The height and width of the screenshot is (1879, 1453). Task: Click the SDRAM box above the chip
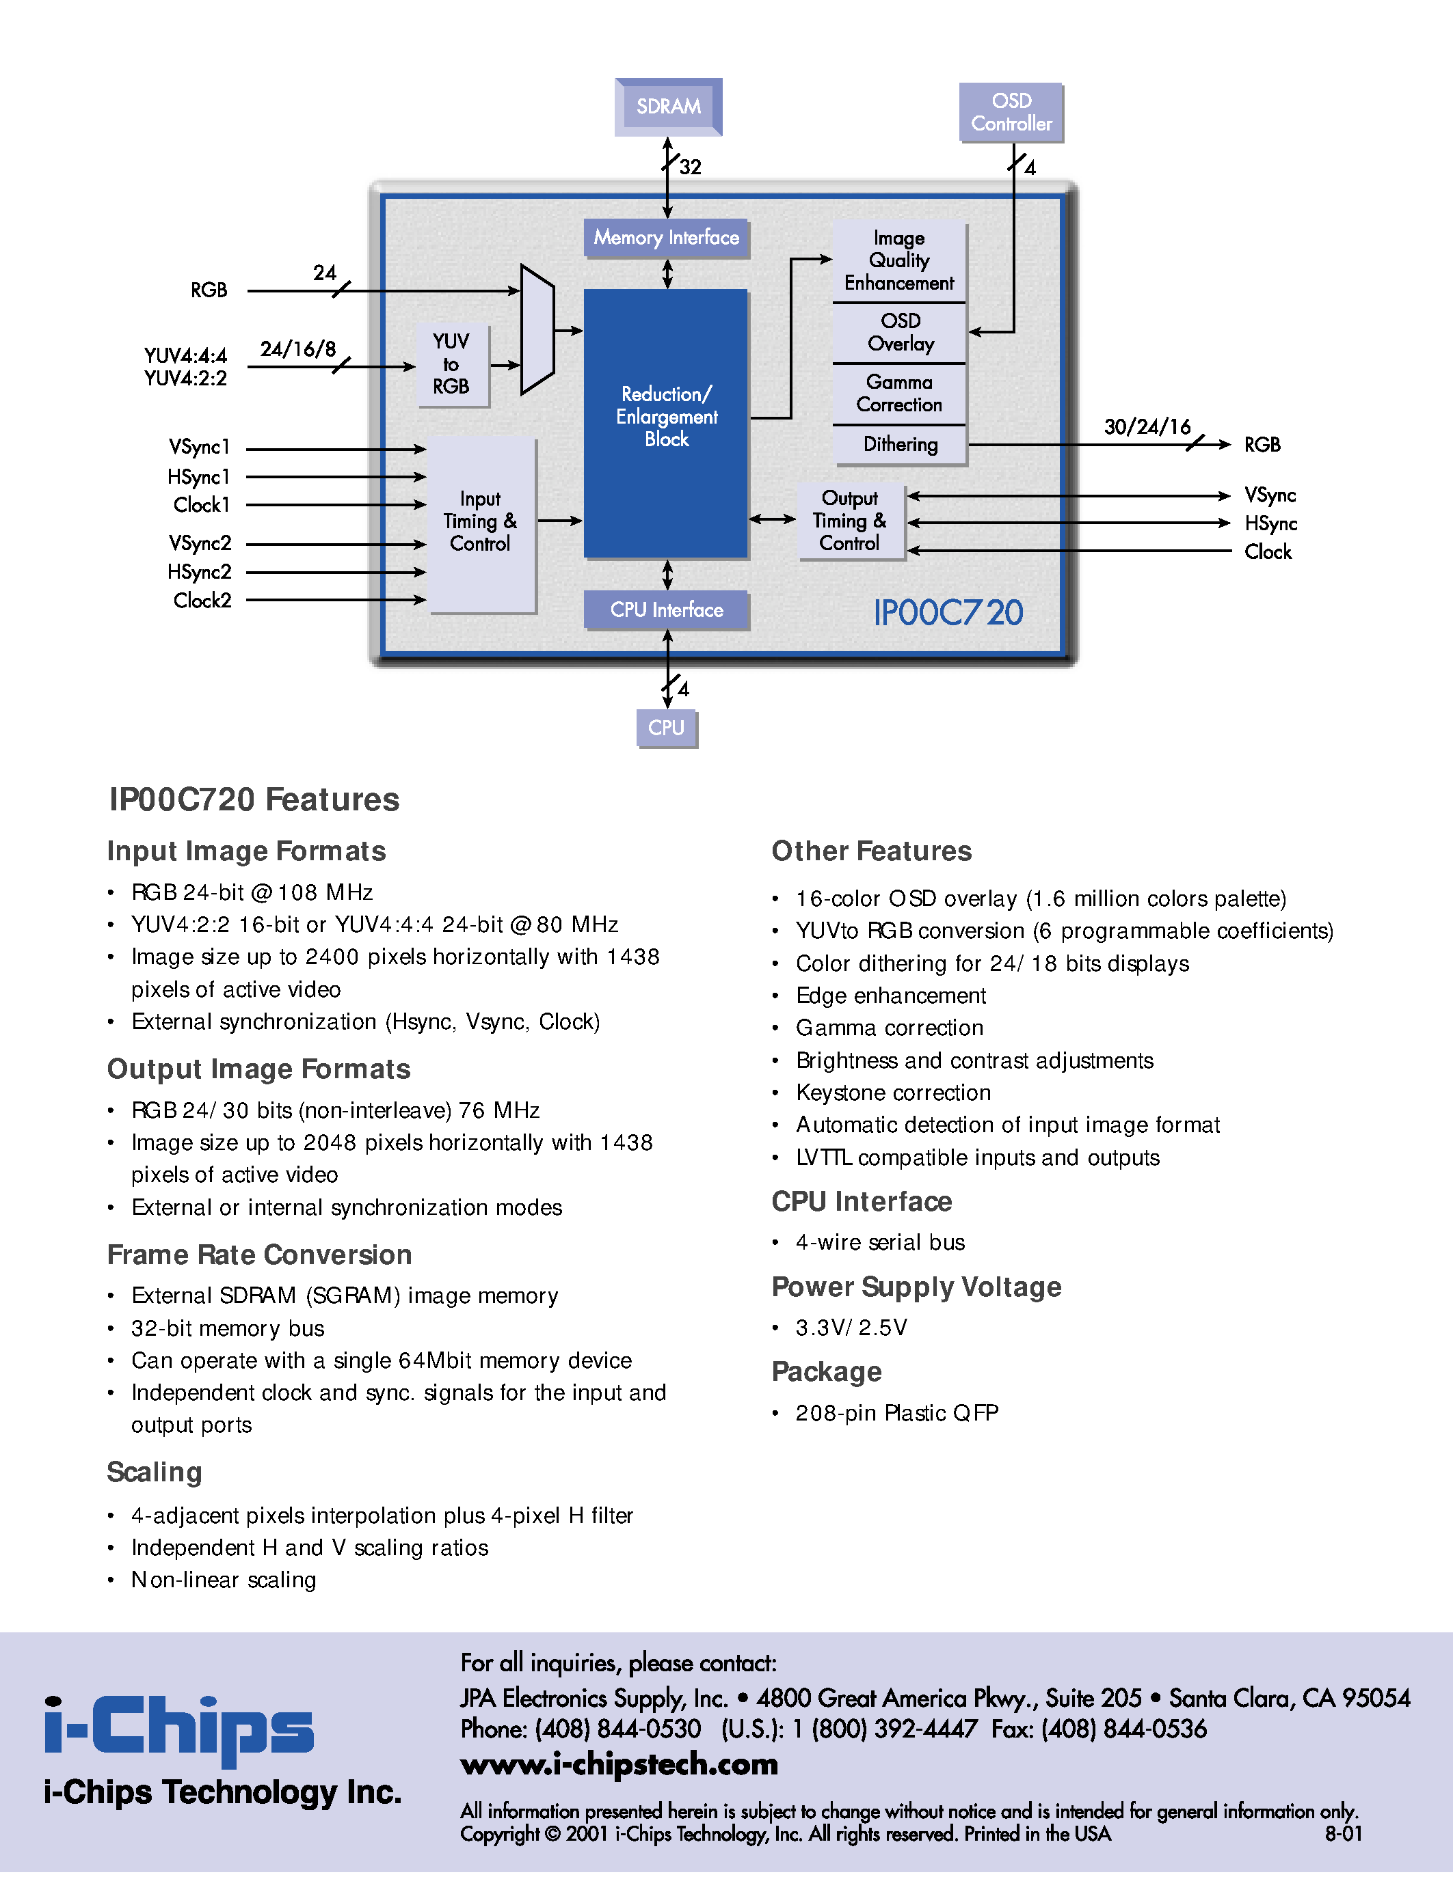(x=668, y=107)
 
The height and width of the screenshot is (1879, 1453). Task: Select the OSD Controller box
(x=1011, y=113)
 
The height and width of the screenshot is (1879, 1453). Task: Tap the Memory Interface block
(x=666, y=238)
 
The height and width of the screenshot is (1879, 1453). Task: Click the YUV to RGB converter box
(x=451, y=364)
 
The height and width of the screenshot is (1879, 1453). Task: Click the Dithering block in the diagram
(x=900, y=445)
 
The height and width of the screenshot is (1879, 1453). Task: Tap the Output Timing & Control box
(x=850, y=521)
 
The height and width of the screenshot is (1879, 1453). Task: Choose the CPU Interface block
(x=666, y=610)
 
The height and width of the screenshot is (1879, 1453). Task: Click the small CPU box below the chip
(x=666, y=728)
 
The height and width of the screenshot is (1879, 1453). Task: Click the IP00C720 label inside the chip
(x=948, y=614)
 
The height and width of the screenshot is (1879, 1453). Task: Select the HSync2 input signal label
(x=200, y=572)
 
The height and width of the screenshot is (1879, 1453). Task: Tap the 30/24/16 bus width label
(x=1147, y=427)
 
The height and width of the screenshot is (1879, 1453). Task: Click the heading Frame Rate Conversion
(x=259, y=1254)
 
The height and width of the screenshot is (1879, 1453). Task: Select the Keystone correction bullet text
(x=892, y=1093)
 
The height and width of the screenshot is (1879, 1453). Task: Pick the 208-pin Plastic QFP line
(x=896, y=1413)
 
